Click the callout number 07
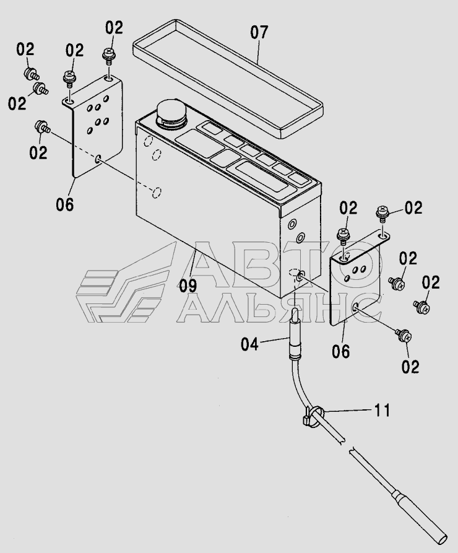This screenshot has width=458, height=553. (x=259, y=32)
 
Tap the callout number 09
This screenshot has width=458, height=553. (x=188, y=285)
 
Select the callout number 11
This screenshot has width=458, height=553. (x=381, y=411)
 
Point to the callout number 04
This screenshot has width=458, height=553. (x=249, y=344)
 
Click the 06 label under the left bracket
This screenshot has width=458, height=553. (x=65, y=204)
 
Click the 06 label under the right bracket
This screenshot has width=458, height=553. (x=341, y=352)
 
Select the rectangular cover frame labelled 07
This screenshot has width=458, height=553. (x=228, y=78)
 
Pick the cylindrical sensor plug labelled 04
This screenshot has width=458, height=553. (x=295, y=333)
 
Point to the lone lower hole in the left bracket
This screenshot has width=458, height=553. (x=98, y=159)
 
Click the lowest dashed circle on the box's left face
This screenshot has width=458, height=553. (x=156, y=193)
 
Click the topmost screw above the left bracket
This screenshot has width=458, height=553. (x=108, y=56)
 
